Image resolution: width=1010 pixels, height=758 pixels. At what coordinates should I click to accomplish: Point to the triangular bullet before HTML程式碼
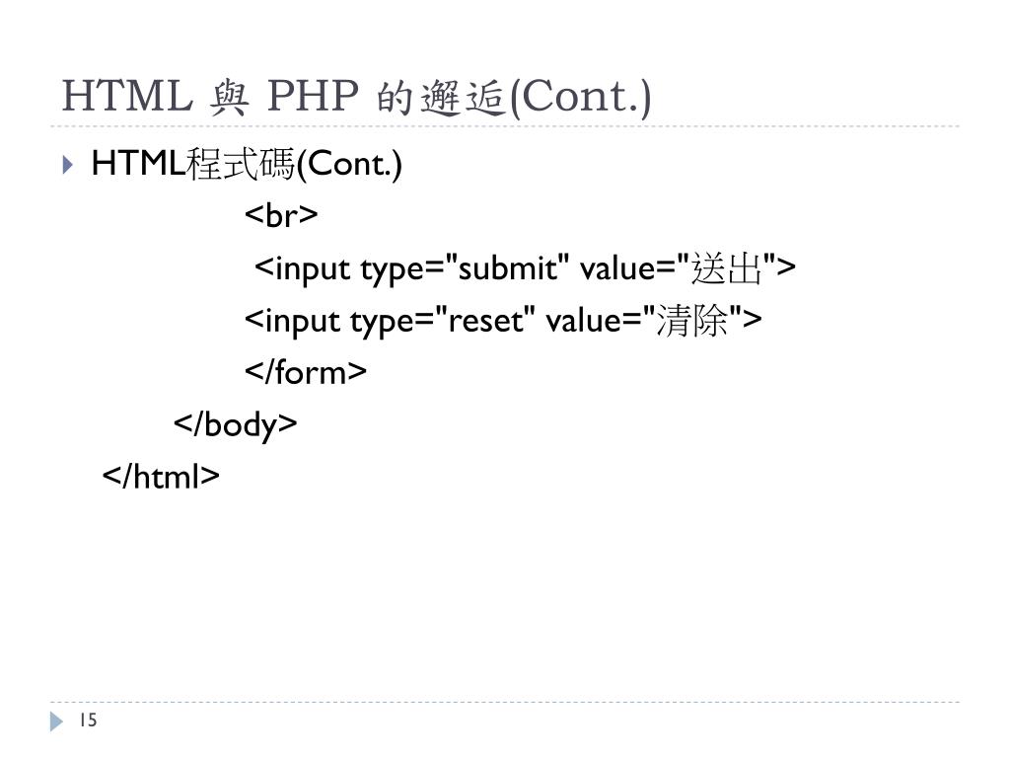click(x=66, y=164)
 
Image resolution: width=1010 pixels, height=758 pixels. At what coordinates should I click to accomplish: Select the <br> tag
click(x=280, y=215)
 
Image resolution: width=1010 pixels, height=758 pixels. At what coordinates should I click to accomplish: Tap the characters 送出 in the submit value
click(x=731, y=267)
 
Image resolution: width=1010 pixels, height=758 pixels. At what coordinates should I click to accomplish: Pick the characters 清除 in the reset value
click(x=696, y=320)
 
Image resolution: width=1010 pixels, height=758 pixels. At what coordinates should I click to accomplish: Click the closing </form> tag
click(x=305, y=372)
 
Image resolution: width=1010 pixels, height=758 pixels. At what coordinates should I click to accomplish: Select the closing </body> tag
click(x=235, y=424)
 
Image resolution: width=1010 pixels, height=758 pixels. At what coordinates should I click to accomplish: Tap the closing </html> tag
click(x=161, y=477)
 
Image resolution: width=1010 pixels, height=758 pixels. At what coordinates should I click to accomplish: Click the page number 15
click(x=88, y=721)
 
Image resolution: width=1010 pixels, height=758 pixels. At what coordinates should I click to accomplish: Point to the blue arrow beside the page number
click(x=56, y=722)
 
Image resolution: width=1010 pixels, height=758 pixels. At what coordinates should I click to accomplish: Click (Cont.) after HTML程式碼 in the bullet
click(x=349, y=164)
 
